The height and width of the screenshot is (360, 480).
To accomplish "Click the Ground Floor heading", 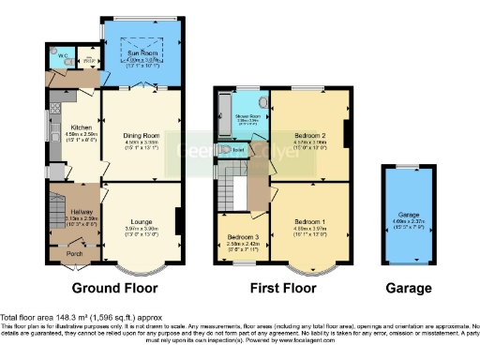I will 114,288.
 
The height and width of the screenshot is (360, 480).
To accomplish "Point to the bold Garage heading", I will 405,288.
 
